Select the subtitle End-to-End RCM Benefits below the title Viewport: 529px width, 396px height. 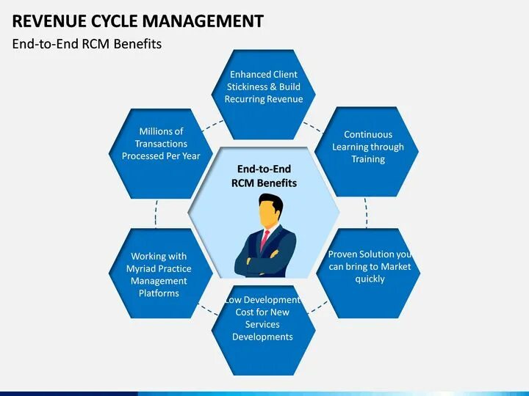point(87,43)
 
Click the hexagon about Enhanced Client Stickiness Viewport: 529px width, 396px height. point(263,110)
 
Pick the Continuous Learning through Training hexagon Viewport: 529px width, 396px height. point(368,169)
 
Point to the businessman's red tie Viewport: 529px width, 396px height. point(265,239)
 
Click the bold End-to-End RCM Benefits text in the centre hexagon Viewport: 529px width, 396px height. point(264,176)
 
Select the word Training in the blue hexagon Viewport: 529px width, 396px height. point(368,159)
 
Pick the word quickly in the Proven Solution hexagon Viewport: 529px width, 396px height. point(370,279)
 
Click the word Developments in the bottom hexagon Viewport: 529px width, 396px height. point(262,337)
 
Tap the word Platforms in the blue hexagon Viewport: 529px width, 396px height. point(159,293)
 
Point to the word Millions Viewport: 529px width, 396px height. point(161,131)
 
